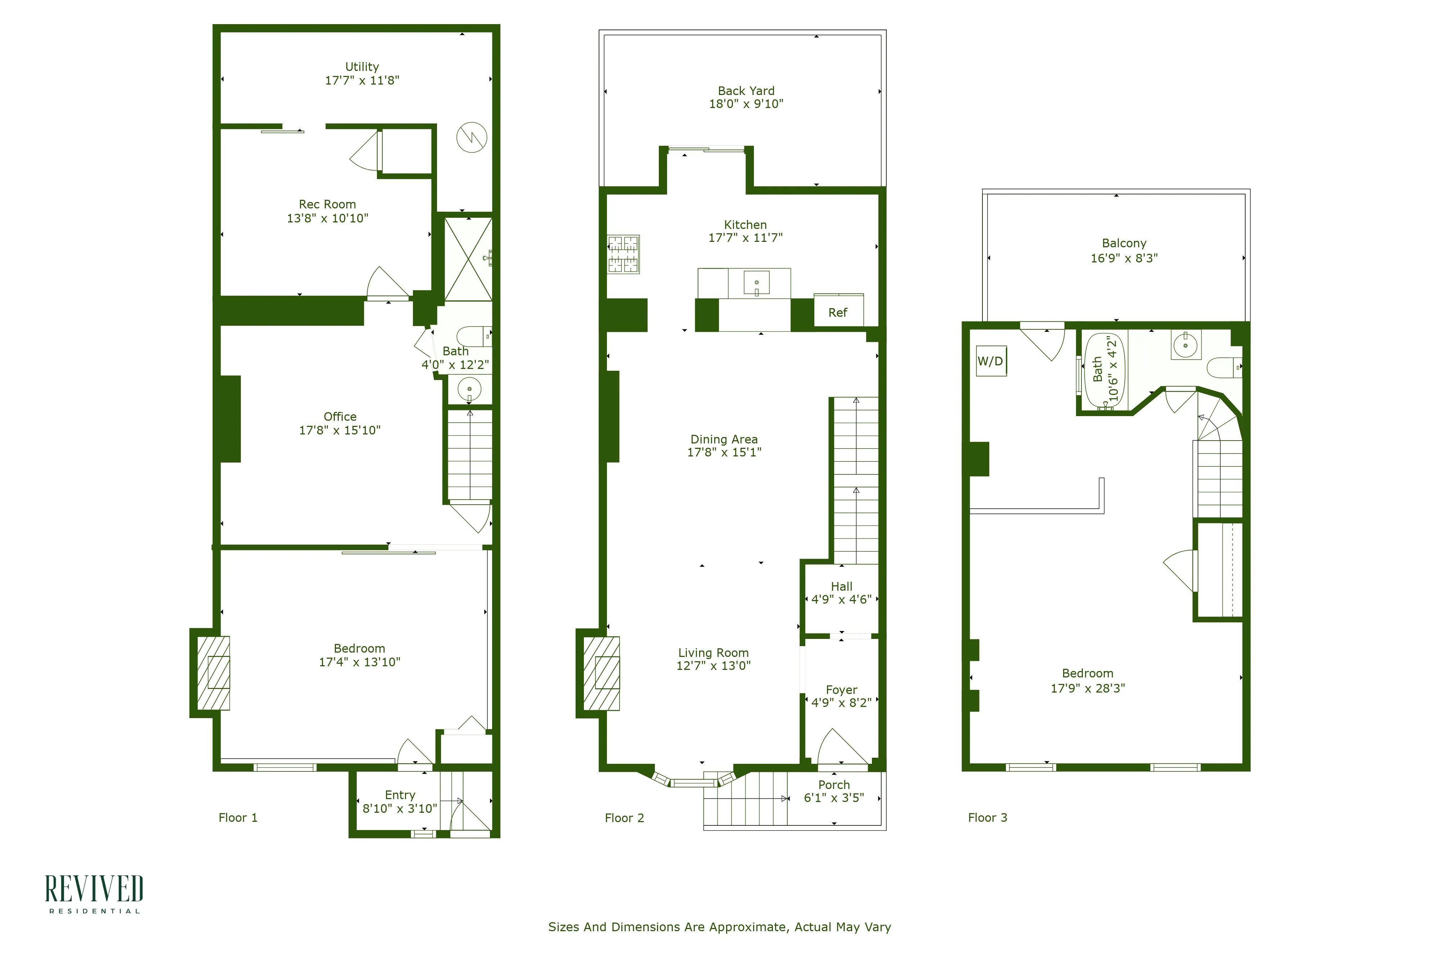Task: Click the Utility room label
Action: click(362, 67)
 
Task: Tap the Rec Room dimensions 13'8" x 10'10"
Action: click(328, 218)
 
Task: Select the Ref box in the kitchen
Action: click(838, 312)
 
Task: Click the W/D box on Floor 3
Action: click(990, 361)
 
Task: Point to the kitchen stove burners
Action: click(623, 254)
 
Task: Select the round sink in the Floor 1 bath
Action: click(469, 389)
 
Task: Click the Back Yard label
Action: click(746, 91)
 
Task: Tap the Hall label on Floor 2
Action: click(841, 586)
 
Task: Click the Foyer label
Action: click(841, 689)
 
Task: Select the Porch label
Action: click(834, 785)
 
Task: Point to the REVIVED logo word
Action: click(94, 889)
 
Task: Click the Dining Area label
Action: click(724, 439)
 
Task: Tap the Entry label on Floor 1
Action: click(400, 795)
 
